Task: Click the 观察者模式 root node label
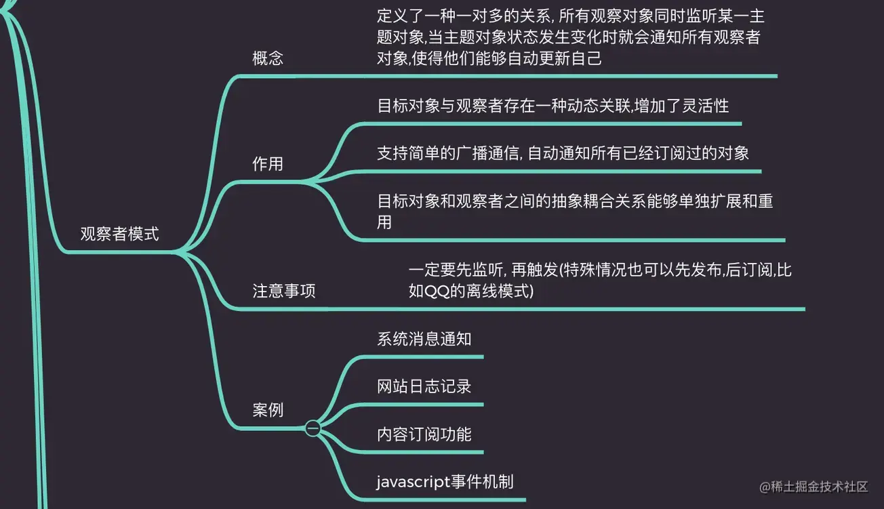click(120, 235)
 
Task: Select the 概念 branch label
click(268, 58)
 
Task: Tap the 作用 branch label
click(268, 164)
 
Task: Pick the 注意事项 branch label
click(284, 291)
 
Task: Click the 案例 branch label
click(268, 410)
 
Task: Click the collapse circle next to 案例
click(313, 428)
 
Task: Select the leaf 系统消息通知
click(424, 339)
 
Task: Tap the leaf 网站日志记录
click(424, 386)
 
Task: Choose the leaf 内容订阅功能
click(424, 434)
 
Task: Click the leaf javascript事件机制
click(445, 482)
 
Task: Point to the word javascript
click(414, 482)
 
